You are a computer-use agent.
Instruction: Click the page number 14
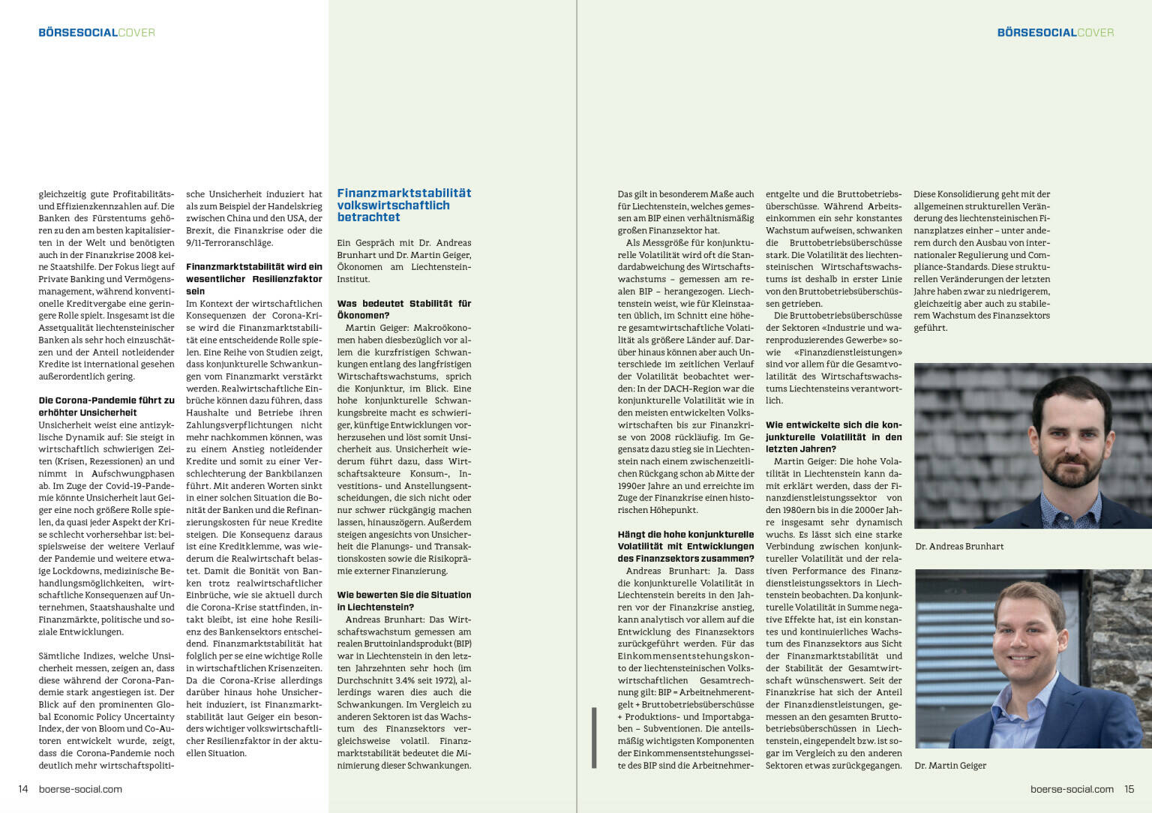23,789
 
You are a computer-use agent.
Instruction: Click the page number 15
1129,789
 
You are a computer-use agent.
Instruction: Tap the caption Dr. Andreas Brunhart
959,547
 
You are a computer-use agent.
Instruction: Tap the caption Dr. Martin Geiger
950,766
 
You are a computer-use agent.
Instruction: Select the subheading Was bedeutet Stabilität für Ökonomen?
403,310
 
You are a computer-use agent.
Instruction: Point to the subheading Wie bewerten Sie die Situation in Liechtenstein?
403,601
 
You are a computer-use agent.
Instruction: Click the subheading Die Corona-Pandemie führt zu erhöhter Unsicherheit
106,406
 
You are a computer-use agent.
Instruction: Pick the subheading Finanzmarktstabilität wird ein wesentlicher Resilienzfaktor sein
253,279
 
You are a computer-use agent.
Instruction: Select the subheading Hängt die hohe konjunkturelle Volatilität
685,547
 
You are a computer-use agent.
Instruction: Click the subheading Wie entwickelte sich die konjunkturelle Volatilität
833,437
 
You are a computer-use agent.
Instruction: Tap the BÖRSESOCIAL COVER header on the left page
97,33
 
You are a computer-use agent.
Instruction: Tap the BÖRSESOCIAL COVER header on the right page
1055,33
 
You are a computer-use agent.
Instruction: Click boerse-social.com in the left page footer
80,789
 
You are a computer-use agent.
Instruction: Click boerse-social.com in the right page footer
1072,789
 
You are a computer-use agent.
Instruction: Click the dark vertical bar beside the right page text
594,737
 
